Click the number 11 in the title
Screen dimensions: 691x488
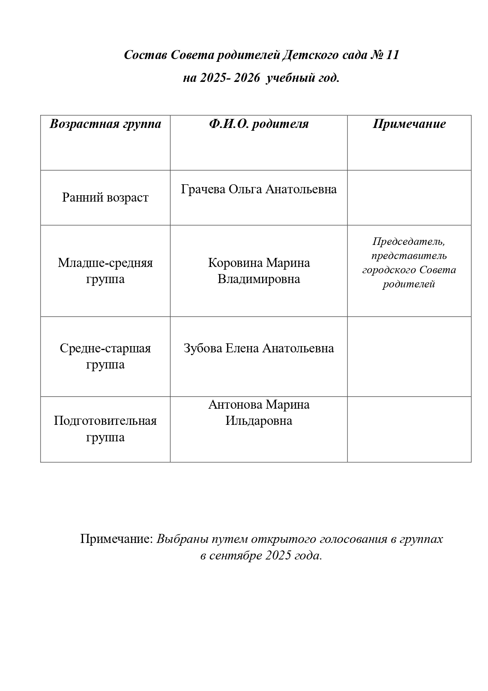pyautogui.click(x=392, y=55)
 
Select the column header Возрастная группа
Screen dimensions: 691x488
pyautogui.click(x=105, y=124)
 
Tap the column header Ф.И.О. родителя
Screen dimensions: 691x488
pyautogui.click(x=259, y=124)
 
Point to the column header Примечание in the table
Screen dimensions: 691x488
pyautogui.click(x=409, y=124)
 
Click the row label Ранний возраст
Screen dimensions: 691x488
pyautogui.click(x=105, y=197)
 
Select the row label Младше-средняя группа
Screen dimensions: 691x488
pyautogui.click(x=105, y=271)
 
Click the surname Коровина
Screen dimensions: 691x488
pyautogui.click(x=235, y=263)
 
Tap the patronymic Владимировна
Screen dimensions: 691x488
pyautogui.click(x=259, y=279)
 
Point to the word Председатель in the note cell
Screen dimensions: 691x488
pyautogui.click(x=409, y=241)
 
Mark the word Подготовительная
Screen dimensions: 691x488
pyautogui.click(x=105, y=421)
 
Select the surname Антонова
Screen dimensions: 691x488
pyautogui.click(x=235, y=405)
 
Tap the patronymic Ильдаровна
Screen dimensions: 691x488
pyautogui.click(x=259, y=421)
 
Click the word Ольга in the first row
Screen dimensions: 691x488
pyautogui.click(x=245, y=189)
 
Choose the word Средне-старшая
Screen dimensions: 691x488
pyautogui.click(x=105, y=348)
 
